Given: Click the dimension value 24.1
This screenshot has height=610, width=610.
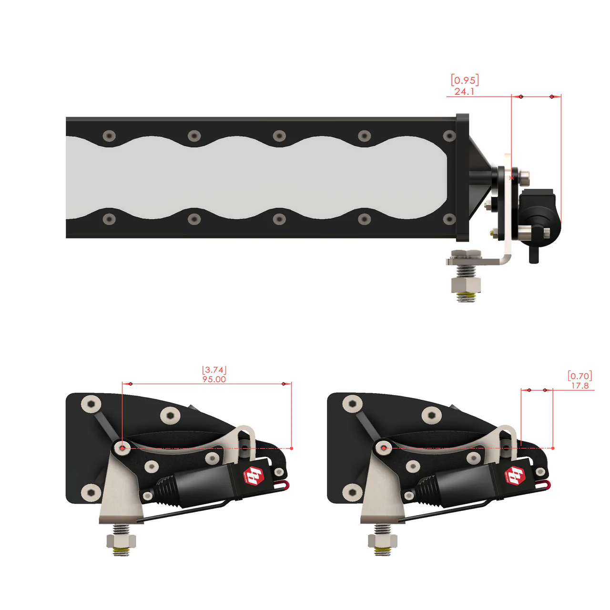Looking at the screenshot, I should (464, 91).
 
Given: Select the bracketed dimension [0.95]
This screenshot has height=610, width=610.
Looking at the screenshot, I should (465, 80).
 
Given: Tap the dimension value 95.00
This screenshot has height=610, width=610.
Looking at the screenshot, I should (214, 379).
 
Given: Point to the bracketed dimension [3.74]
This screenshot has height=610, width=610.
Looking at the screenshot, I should (214, 370).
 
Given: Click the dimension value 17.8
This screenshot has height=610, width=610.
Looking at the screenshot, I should (580, 386).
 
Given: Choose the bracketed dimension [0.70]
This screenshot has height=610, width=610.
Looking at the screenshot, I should (579, 376).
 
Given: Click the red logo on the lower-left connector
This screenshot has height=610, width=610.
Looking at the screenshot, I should (254, 476).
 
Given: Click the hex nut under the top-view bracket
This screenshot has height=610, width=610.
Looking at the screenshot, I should (466, 285).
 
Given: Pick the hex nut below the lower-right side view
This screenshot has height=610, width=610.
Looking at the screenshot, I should (383, 541).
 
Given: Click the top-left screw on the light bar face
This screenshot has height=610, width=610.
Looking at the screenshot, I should (110, 136).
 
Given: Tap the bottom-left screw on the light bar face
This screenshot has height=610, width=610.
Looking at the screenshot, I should (110, 219).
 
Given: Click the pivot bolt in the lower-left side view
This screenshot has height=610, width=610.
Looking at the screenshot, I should (122, 448).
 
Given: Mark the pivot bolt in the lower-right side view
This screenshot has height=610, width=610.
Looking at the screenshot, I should (383, 448).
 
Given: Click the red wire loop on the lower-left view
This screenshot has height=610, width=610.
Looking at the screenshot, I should (284, 486).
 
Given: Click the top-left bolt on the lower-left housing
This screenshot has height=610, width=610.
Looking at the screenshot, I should (91, 405).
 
